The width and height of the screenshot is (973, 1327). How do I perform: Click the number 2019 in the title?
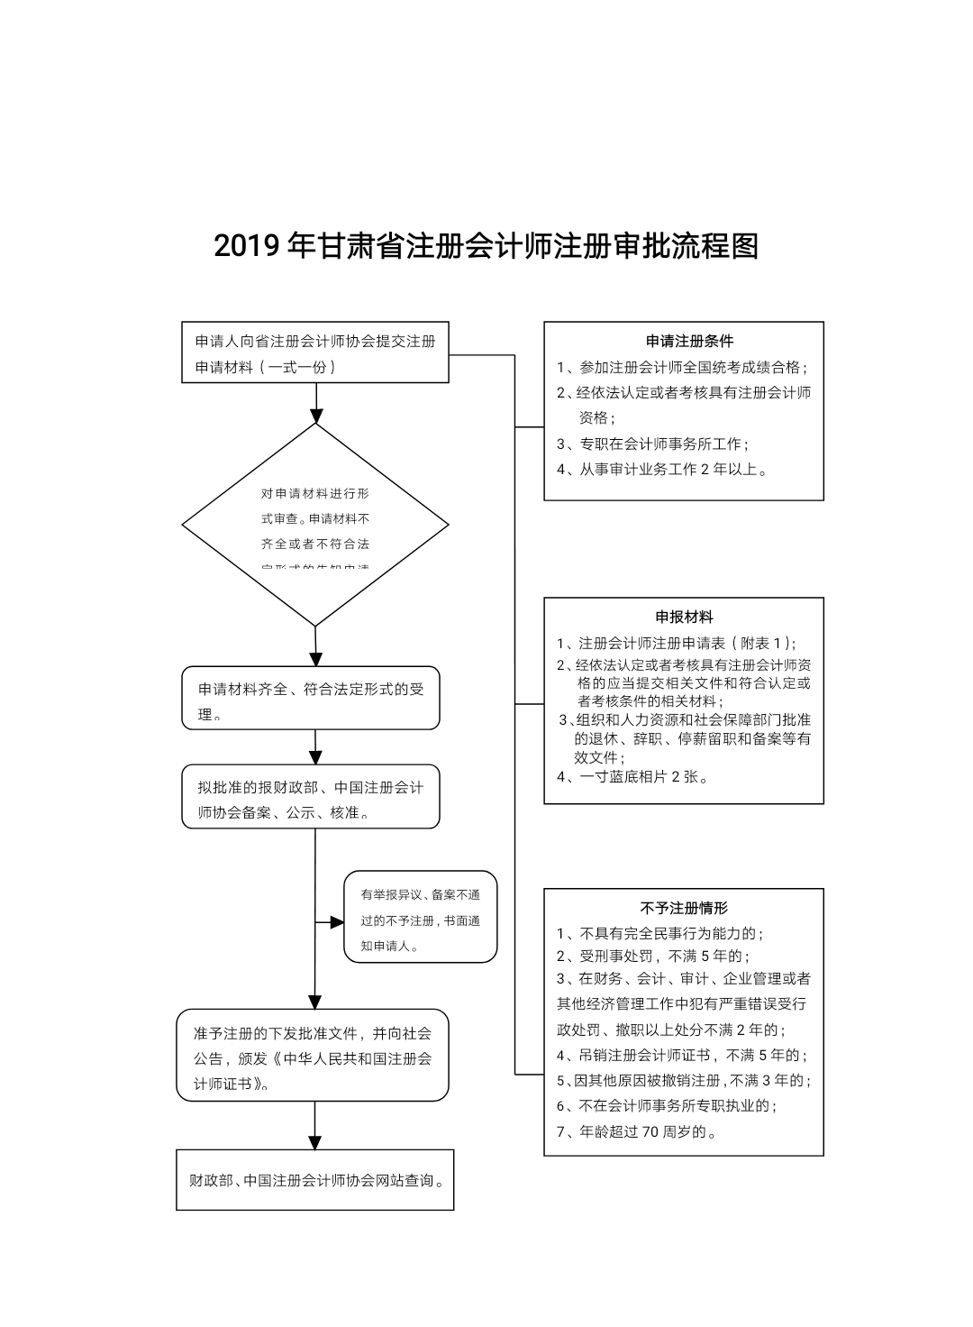point(246,246)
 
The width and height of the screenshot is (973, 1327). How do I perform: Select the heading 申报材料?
point(684,618)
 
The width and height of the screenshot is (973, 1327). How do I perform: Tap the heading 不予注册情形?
point(684,909)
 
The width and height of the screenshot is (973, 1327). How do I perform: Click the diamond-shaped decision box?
point(315,525)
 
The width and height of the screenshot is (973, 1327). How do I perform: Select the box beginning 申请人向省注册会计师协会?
point(315,353)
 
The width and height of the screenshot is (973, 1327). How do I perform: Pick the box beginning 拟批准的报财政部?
point(311,798)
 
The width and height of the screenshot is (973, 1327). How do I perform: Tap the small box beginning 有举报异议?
point(421,918)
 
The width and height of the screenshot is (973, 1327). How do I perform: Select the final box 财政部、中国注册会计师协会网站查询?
point(315,1180)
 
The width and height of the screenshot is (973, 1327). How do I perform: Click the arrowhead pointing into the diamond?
point(315,416)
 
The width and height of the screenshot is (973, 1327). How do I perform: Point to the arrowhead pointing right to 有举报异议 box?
point(337,922)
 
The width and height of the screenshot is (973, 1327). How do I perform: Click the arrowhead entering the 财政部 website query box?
point(315,1142)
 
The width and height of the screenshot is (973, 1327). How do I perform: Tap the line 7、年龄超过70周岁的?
point(636,1132)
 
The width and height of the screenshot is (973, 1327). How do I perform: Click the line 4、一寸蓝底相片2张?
point(632,777)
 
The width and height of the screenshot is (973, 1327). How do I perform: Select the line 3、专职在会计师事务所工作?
point(652,444)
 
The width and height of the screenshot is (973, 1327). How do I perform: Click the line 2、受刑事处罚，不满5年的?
point(653,956)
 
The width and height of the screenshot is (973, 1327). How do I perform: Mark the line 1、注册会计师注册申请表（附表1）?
point(676,643)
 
